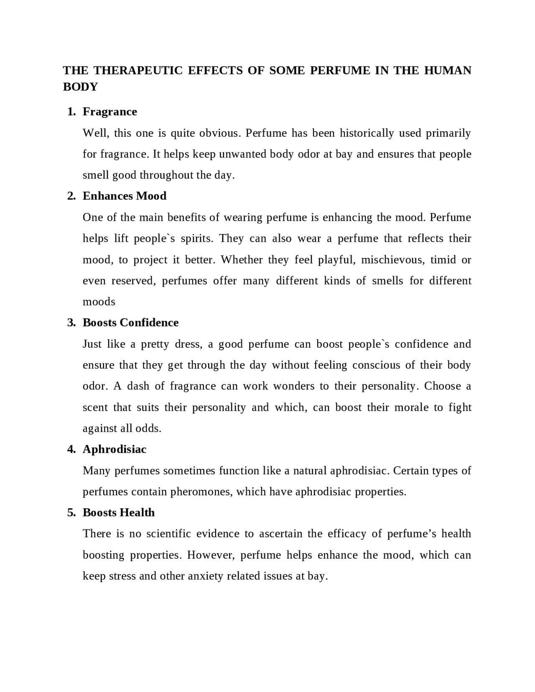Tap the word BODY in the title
(80, 87)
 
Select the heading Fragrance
(110, 112)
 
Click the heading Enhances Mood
(125, 196)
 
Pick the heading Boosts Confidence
(130, 323)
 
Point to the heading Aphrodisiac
(115, 449)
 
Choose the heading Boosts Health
(119, 513)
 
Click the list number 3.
(71, 323)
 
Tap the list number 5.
(71, 513)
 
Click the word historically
(367, 133)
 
